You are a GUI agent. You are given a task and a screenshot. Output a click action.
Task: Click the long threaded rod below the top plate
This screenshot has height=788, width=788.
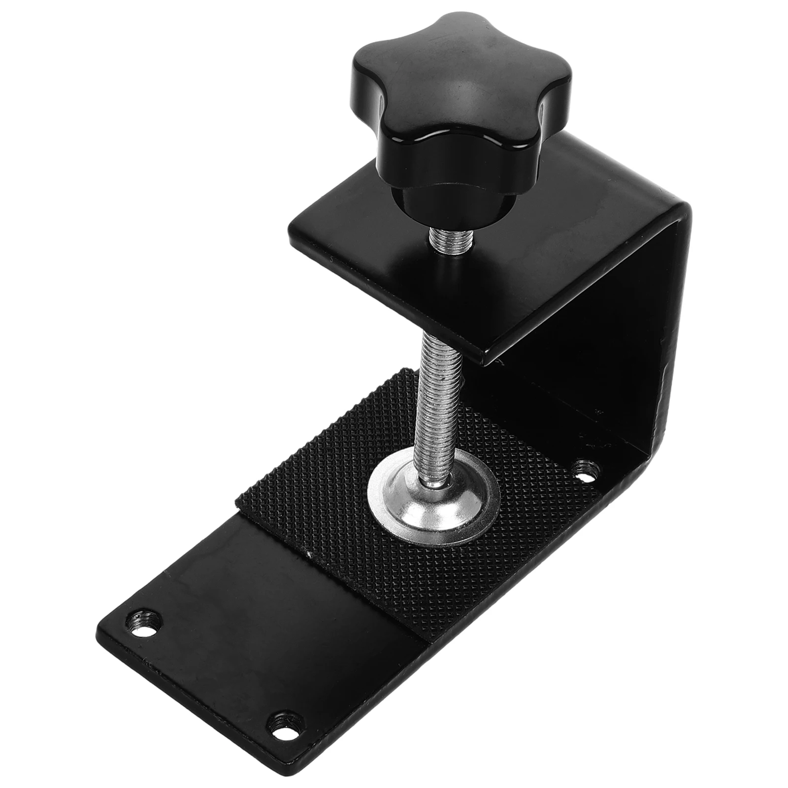[x=441, y=394]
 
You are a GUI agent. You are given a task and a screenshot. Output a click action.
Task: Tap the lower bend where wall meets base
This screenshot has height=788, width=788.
[x=655, y=453]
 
